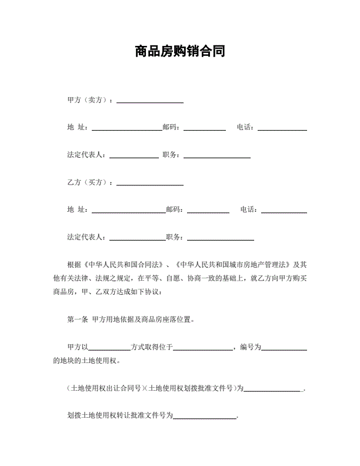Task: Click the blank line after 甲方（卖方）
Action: pyautogui.click(x=150, y=102)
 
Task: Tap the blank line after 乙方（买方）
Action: pyautogui.click(x=150, y=185)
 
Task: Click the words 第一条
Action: pyautogui.click(x=78, y=320)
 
